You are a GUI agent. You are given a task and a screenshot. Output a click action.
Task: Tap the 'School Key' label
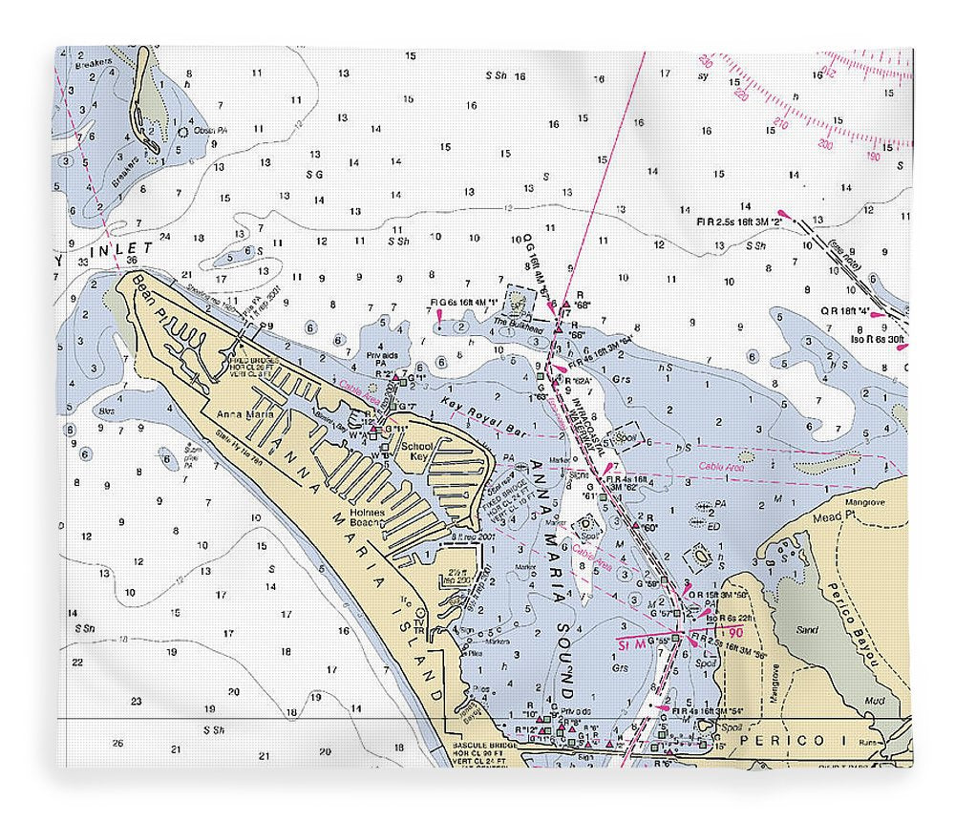[x=416, y=452]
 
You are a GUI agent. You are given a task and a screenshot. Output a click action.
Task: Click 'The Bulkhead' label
[x=513, y=323]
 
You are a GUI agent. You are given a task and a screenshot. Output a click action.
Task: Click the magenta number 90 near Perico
[x=735, y=633]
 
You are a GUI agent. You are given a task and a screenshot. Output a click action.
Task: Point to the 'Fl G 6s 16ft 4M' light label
[x=465, y=303]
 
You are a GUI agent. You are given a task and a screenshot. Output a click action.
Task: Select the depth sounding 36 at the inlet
[x=132, y=261]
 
